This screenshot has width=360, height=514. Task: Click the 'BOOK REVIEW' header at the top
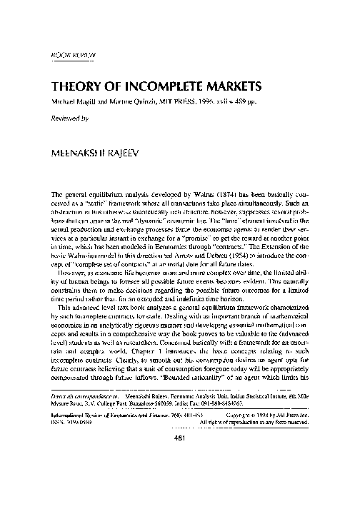click(x=75, y=54)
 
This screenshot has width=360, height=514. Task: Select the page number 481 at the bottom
click(x=181, y=479)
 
